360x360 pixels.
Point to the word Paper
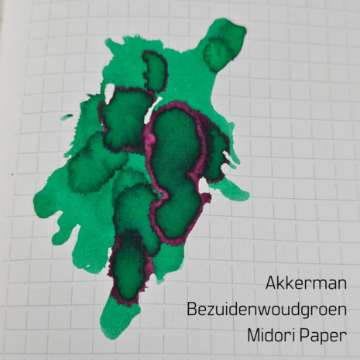(x=317, y=336)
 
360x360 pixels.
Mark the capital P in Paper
(x=300, y=335)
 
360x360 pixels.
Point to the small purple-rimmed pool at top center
(x=155, y=70)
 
